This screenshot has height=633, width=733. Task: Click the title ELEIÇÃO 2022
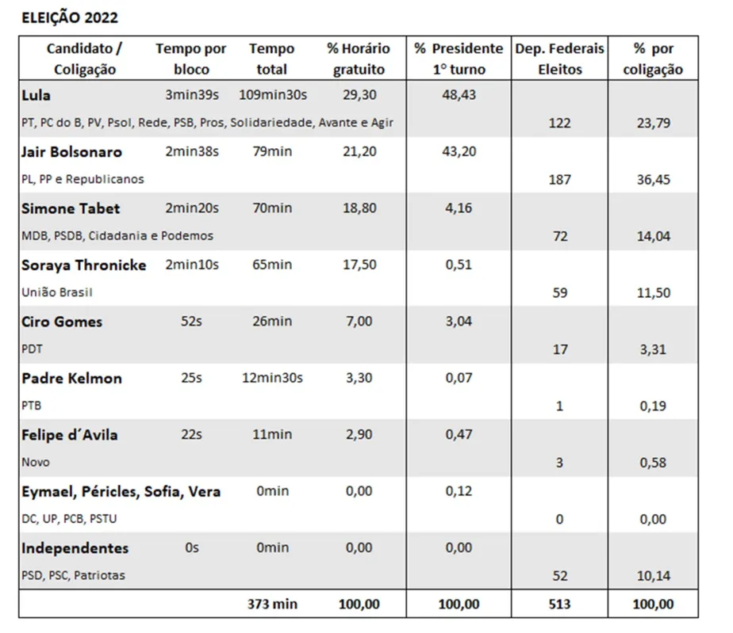(x=70, y=17)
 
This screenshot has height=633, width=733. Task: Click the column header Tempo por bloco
(x=190, y=59)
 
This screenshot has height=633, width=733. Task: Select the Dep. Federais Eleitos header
(x=559, y=59)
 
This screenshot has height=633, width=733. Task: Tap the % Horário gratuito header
(x=359, y=59)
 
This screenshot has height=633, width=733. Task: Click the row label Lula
(x=36, y=95)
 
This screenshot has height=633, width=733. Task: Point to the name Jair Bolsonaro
(x=71, y=152)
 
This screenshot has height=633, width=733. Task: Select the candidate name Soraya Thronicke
(x=83, y=265)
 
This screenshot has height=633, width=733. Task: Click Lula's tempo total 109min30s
(x=273, y=95)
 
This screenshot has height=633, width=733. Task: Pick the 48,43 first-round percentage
(x=459, y=95)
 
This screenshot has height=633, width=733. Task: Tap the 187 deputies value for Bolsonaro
(x=559, y=180)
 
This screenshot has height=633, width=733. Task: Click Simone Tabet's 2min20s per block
(x=192, y=208)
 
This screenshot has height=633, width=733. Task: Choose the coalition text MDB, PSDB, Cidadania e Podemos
(x=117, y=236)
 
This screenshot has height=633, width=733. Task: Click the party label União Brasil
(x=57, y=292)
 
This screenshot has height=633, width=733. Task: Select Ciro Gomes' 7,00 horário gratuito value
(x=359, y=321)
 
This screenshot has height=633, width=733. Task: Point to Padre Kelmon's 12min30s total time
(x=273, y=378)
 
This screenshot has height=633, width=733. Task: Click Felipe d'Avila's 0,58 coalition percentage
(x=653, y=463)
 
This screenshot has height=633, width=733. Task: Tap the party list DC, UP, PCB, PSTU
(x=69, y=519)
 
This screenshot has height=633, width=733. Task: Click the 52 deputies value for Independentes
(x=559, y=576)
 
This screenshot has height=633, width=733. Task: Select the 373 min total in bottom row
(x=273, y=604)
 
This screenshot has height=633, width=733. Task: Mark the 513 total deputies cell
(x=559, y=604)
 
